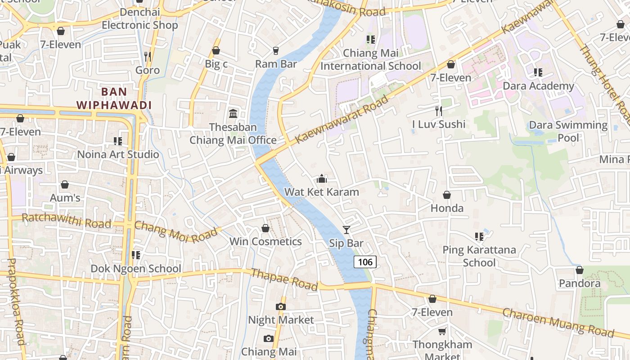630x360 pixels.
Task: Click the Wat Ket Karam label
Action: pos(321,192)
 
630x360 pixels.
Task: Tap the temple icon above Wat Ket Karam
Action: pos(321,179)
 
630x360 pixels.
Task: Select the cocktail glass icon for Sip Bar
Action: pos(346,230)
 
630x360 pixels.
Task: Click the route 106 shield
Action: pos(364,262)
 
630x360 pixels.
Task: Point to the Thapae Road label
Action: pos(284,279)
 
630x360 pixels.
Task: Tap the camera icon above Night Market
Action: pos(281,307)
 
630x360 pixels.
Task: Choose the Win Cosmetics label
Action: pos(265,242)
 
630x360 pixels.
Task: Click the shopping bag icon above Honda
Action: pos(447,195)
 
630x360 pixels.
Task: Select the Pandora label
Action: pos(580,283)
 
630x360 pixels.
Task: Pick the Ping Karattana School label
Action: pos(479,256)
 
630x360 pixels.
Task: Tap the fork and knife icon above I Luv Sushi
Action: pos(439,111)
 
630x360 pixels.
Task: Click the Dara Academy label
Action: pos(538,86)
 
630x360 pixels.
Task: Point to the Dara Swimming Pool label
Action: pos(568,131)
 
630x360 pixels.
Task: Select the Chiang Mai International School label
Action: pos(371,59)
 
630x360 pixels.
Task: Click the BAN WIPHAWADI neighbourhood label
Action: pos(113,99)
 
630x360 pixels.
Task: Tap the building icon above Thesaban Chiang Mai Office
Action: pos(233,113)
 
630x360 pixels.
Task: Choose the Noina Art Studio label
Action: pos(118,154)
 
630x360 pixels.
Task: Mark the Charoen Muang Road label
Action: pos(558,323)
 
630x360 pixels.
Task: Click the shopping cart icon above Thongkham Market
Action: pos(442,332)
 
